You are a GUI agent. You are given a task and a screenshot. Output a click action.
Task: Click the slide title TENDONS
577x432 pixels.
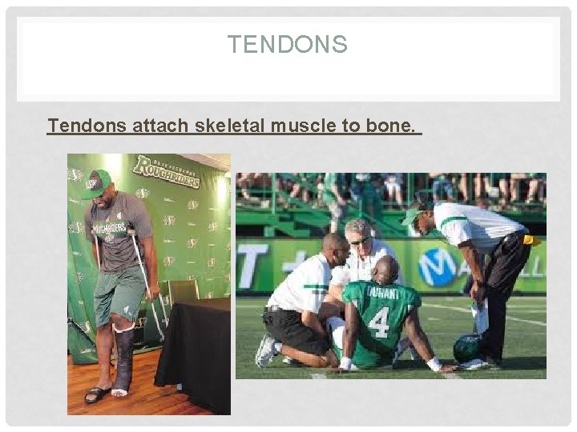tap(287, 44)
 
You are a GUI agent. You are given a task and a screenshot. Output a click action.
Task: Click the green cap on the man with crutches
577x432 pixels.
tap(97, 182)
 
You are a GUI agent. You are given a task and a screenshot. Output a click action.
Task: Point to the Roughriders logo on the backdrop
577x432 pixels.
tap(167, 170)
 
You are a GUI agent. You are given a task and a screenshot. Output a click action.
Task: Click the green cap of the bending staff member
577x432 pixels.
tap(413, 215)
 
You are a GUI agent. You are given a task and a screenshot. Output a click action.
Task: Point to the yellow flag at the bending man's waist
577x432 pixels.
tap(530, 239)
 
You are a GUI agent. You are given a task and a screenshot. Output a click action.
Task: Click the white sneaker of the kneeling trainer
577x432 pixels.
tap(265, 350)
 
